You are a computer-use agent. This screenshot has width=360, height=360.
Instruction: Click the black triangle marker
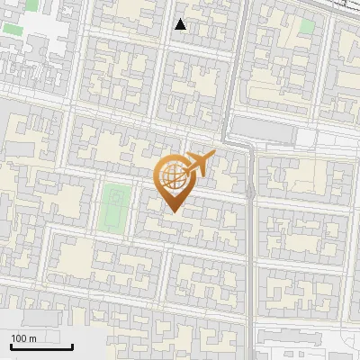click(x=181, y=24)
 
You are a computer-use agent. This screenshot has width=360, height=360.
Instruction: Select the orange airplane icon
click(x=197, y=163)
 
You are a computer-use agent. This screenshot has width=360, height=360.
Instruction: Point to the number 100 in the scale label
click(x=19, y=338)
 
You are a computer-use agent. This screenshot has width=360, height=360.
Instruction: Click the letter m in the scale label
click(x=32, y=338)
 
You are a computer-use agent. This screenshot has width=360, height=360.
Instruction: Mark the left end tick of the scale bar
click(x=10, y=345)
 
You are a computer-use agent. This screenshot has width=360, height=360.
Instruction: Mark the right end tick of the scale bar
click(x=73, y=345)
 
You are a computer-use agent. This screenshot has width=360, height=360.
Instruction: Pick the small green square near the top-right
click(x=306, y=26)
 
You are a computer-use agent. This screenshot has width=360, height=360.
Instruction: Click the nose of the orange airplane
click(x=214, y=156)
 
